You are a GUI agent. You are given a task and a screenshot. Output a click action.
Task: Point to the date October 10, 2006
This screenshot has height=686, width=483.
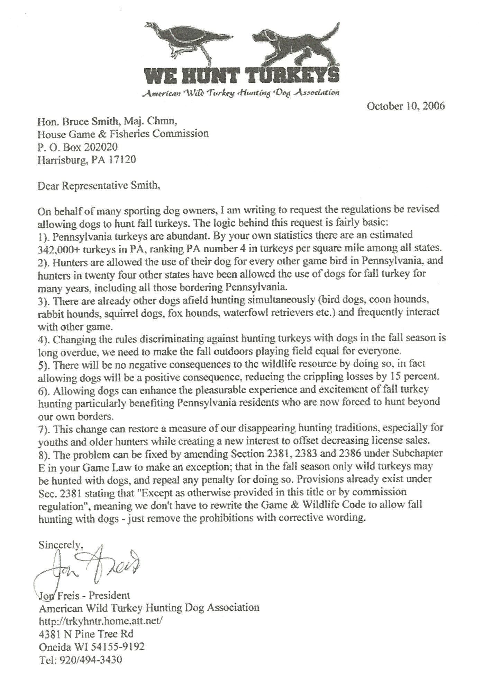405,106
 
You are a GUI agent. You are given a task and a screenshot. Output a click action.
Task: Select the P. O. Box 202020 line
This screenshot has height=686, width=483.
78,147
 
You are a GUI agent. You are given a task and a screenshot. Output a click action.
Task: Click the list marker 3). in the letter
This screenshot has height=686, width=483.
44,300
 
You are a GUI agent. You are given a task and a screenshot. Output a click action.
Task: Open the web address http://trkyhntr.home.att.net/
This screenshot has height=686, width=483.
100,621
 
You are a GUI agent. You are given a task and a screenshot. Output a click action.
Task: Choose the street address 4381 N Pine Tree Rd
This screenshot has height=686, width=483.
86,634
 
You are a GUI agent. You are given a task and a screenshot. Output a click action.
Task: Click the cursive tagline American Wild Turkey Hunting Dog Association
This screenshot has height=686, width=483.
241,92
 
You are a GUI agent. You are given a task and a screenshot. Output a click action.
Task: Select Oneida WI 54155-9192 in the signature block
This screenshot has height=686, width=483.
91,647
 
